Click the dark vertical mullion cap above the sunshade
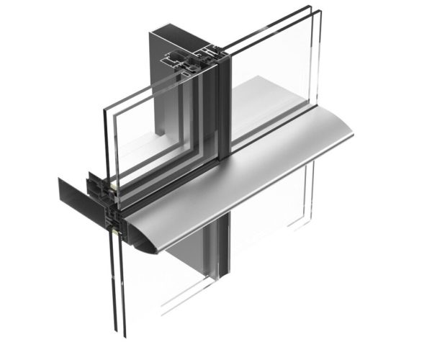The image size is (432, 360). pos(223,108)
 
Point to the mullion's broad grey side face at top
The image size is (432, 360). pos(160,86)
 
